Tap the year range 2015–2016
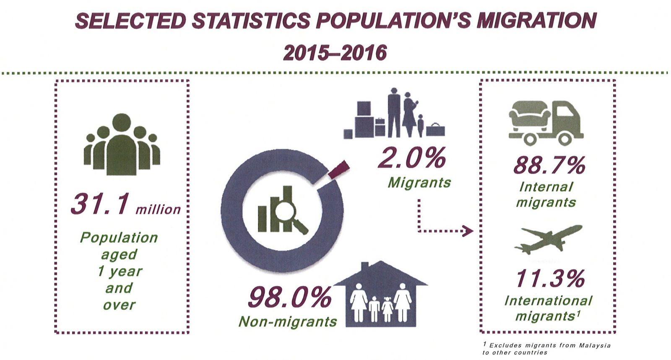click(x=335, y=53)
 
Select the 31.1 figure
click(x=99, y=204)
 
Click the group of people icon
click(x=121, y=145)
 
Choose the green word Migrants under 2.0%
click(x=419, y=183)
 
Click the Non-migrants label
click(x=288, y=321)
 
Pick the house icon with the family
click(x=381, y=295)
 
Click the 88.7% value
click(x=549, y=165)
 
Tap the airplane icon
click(x=548, y=239)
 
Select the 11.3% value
click(x=550, y=278)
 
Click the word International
click(x=548, y=300)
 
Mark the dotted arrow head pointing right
click(x=467, y=231)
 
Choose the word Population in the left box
click(x=119, y=238)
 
